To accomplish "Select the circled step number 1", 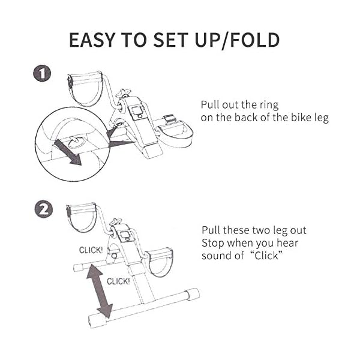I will click(42, 74).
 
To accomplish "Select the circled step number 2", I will click(42, 209).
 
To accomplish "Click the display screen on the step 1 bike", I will click(136, 110).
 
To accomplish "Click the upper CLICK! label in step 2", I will click(91, 250).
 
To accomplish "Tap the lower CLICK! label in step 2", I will click(118, 281).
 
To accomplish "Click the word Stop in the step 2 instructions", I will click(212, 243).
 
